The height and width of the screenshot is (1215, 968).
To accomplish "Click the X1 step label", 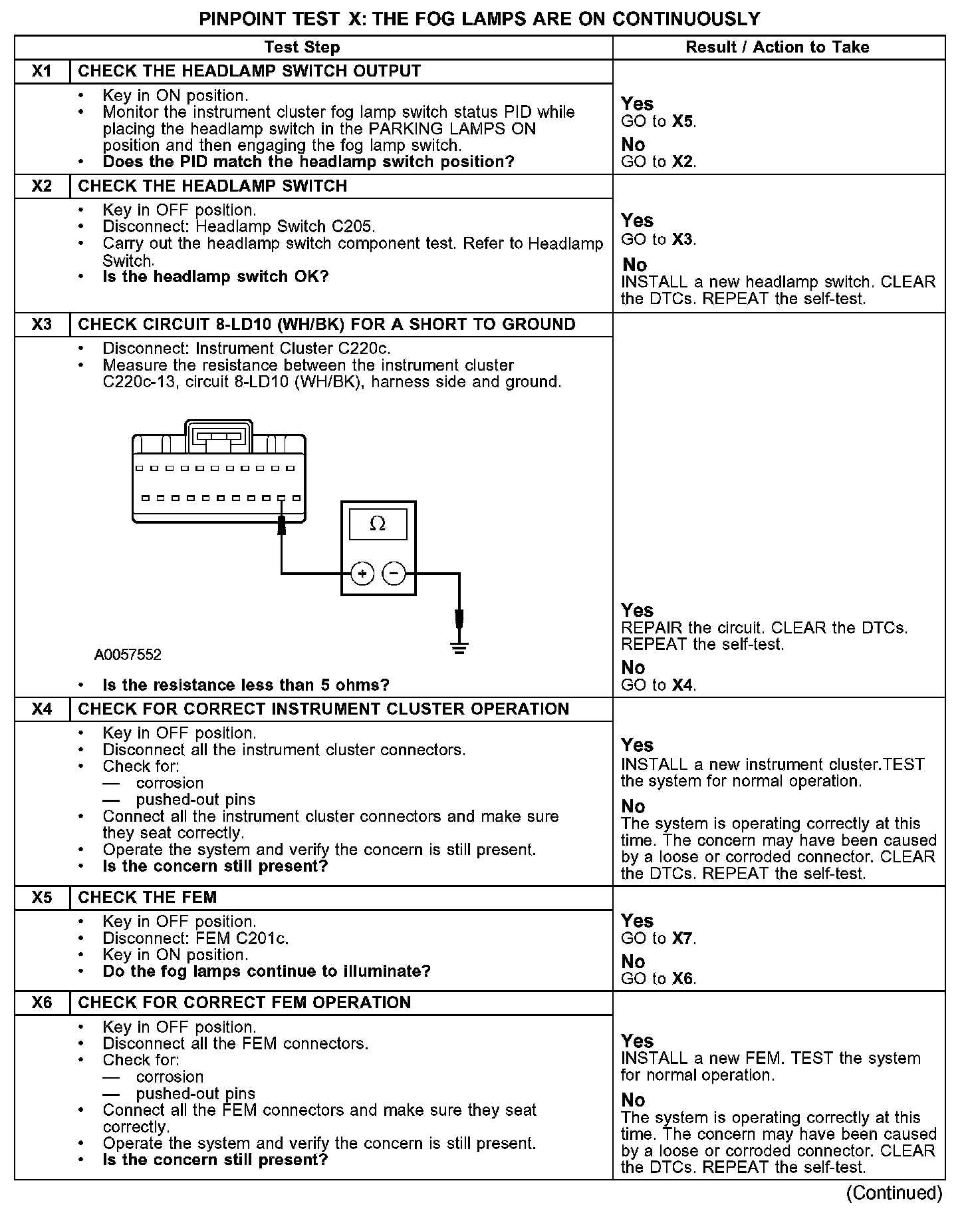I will click(x=42, y=71).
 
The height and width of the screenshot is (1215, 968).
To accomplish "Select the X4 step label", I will click(x=42, y=709).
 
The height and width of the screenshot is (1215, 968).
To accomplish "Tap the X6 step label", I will click(x=42, y=1003).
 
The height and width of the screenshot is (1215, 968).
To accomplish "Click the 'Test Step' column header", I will click(x=302, y=47).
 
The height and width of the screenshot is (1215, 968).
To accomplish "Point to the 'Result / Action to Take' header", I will click(x=777, y=47).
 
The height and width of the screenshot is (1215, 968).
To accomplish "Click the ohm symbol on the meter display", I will click(x=377, y=524).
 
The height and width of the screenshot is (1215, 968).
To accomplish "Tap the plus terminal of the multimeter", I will click(x=362, y=573).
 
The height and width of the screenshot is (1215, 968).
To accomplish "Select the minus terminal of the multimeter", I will click(x=394, y=573).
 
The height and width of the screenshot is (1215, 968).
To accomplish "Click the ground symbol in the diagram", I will click(x=459, y=645).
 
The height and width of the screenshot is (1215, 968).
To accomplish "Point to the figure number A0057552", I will click(x=128, y=655).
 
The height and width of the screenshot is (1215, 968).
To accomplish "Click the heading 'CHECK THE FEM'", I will click(x=148, y=898).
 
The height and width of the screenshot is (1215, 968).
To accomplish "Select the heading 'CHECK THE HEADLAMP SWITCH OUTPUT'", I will click(x=249, y=71).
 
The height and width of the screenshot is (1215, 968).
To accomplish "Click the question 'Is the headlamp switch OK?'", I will click(x=215, y=277).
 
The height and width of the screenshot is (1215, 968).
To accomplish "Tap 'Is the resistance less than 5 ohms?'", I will click(x=246, y=685).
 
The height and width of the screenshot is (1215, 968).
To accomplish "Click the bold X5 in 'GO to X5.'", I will click(x=683, y=122).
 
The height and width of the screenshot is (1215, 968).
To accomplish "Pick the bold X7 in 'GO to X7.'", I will click(x=683, y=939).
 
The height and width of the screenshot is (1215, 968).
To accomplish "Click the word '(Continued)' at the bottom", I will click(x=894, y=1193).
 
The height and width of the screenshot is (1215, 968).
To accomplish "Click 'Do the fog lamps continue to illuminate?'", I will click(x=267, y=971).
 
